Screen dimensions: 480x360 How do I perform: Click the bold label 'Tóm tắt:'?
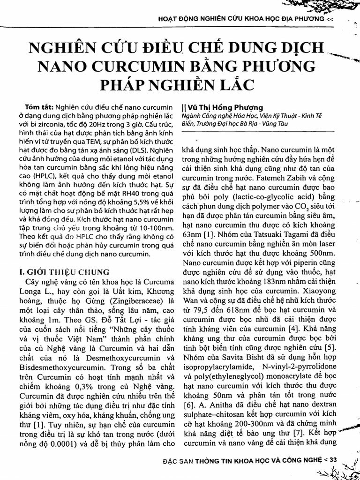[40, 107]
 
